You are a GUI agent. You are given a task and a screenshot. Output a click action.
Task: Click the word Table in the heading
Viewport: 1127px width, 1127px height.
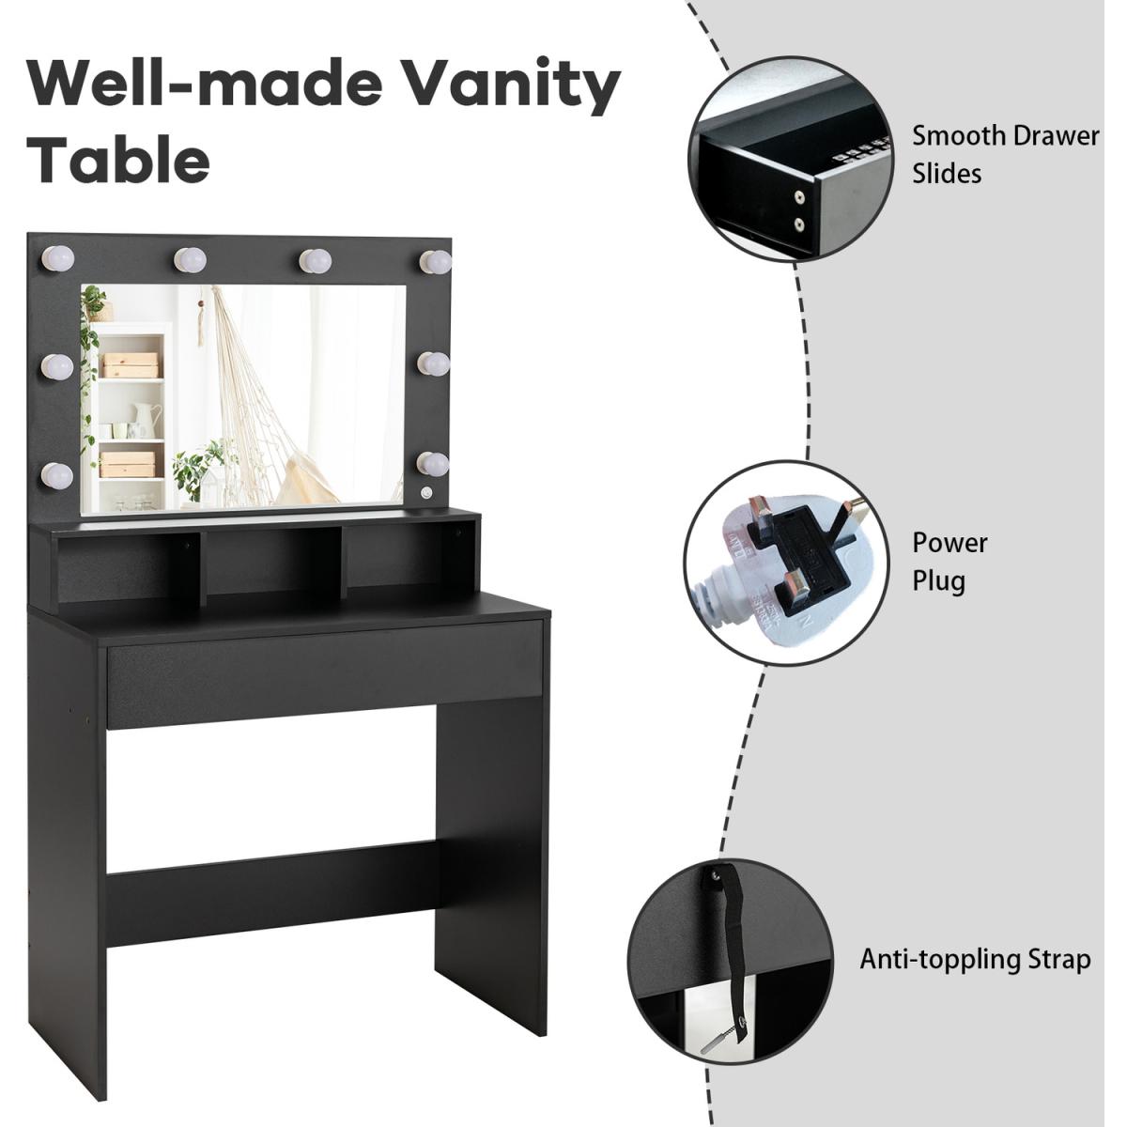119,156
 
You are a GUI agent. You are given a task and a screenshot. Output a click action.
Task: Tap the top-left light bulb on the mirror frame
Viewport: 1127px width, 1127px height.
58,258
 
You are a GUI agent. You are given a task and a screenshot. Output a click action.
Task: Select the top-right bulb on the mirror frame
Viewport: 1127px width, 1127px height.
436,261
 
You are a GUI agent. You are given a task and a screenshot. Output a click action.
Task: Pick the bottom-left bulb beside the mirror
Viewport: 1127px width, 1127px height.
57,475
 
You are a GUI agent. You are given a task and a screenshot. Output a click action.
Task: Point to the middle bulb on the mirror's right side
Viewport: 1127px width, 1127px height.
433,363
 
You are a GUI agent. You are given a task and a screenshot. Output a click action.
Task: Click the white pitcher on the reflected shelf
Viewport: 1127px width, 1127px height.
146,418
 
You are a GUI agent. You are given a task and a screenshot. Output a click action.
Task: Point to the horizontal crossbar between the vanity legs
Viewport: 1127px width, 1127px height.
272,888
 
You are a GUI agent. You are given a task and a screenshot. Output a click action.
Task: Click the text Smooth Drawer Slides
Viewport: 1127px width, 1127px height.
1005,154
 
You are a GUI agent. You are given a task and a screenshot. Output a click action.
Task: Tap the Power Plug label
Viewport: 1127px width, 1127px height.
949,562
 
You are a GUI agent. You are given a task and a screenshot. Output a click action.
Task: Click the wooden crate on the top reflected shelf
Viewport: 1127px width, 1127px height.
131,364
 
